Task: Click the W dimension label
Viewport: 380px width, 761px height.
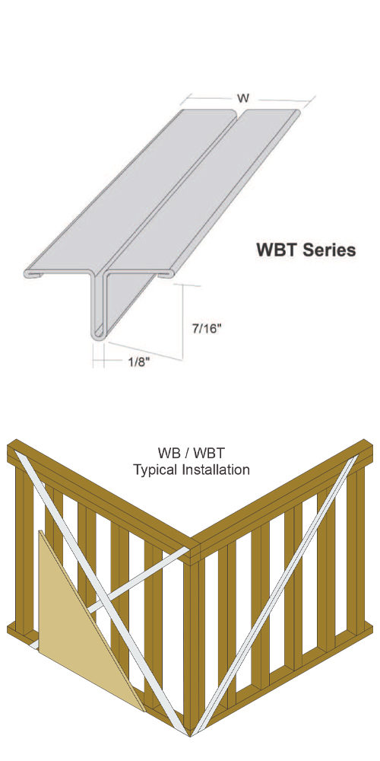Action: click(x=243, y=98)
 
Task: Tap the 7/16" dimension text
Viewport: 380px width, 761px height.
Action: click(x=207, y=329)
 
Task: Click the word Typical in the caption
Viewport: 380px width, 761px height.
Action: click(x=154, y=470)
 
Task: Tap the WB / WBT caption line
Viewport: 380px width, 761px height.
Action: click(x=192, y=454)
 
